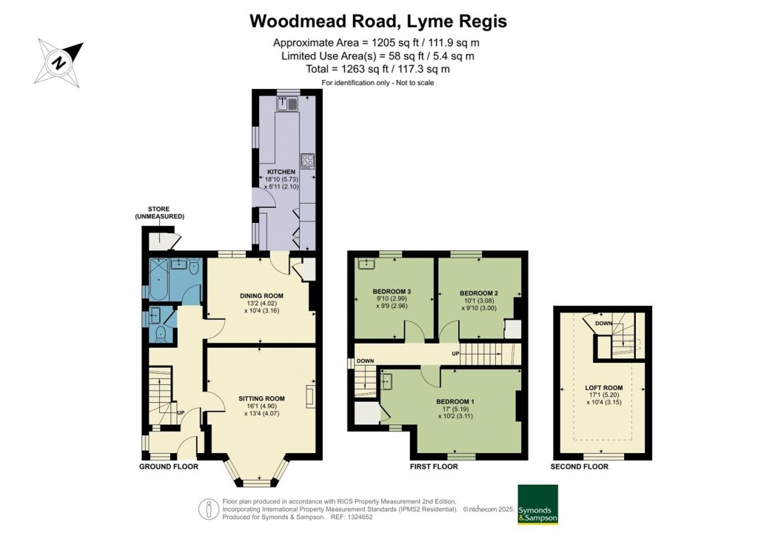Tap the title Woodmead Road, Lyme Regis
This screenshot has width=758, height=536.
pyautogui.click(x=378, y=21)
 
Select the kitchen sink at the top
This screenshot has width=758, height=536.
pyautogui.click(x=287, y=104)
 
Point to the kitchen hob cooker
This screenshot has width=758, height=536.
pyautogui.click(x=307, y=160)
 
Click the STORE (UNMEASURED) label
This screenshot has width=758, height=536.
pyautogui.click(x=159, y=212)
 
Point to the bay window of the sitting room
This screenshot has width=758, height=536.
pyautogui.click(x=258, y=474)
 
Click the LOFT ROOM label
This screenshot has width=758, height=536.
pyautogui.click(x=604, y=387)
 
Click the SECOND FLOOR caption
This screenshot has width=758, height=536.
pyautogui.click(x=580, y=467)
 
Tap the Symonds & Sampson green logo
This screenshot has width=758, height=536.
pyautogui.click(x=538, y=505)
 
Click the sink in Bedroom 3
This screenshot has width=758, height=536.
pyautogui.click(x=366, y=263)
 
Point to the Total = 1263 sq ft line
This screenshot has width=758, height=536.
pyautogui.click(x=378, y=69)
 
